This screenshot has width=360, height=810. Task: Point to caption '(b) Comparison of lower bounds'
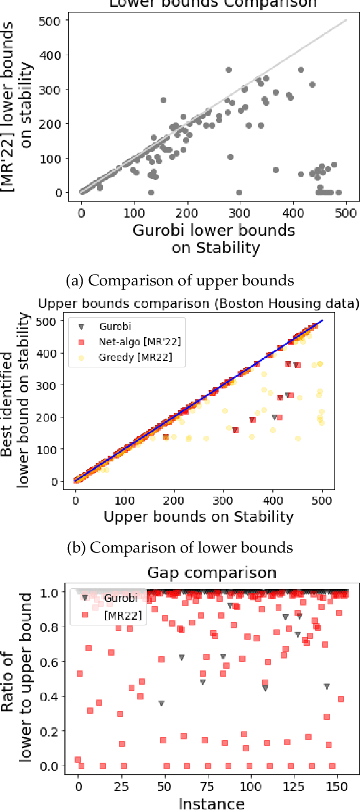(x=180, y=547)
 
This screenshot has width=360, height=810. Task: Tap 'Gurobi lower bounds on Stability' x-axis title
(x=213, y=239)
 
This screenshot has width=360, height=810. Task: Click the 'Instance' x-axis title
(x=211, y=803)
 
